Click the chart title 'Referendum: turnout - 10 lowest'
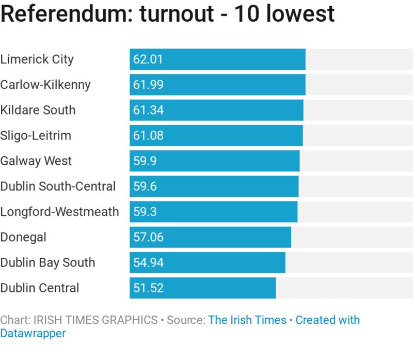click(x=167, y=14)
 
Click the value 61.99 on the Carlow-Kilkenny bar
click(x=148, y=85)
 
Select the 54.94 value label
click(x=148, y=262)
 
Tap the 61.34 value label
click(x=148, y=110)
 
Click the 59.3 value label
click(x=145, y=212)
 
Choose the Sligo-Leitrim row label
click(x=36, y=135)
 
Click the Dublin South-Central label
click(x=58, y=186)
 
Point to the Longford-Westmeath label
click(x=59, y=212)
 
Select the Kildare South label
click(x=38, y=110)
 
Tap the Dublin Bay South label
click(x=47, y=262)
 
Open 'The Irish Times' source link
click(x=247, y=320)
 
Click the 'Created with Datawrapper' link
click(x=327, y=320)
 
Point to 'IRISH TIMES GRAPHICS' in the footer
click(x=96, y=320)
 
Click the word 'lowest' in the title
click(x=305, y=14)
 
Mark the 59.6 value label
click(x=145, y=186)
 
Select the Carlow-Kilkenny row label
click(x=45, y=85)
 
